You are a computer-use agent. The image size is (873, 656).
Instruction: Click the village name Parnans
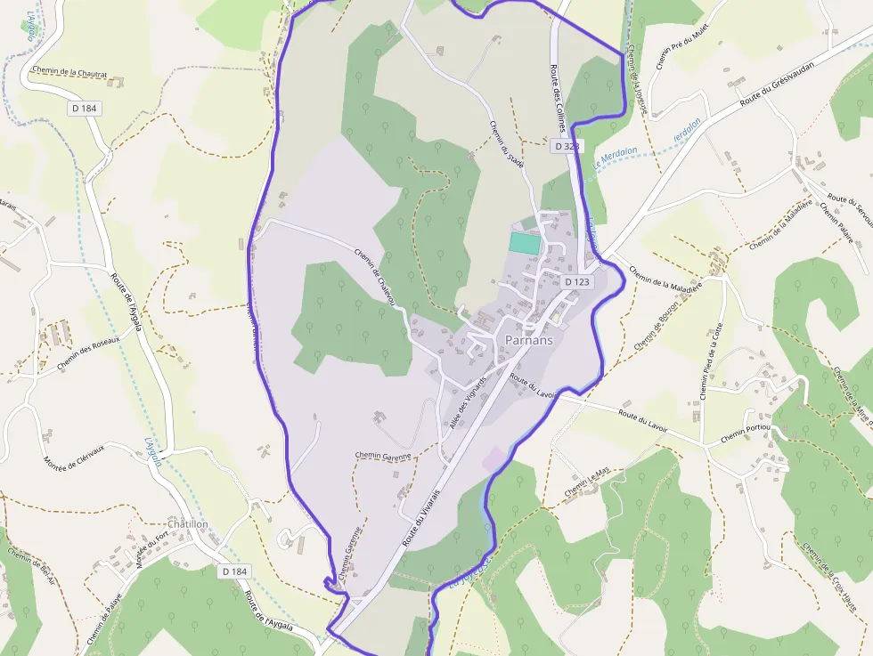(528, 340)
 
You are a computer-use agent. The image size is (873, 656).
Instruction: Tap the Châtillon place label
(188, 524)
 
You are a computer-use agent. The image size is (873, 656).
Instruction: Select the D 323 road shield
(567, 146)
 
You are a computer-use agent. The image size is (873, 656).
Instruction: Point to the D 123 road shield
(577, 282)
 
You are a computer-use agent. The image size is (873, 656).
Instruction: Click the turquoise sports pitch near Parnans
(525, 241)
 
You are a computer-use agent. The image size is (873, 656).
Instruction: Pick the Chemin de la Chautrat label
(69, 72)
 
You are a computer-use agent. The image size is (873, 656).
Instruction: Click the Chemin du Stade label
(507, 143)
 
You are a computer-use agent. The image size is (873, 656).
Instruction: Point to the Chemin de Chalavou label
(374, 277)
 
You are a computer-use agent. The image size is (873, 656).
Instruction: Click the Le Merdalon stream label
(615, 157)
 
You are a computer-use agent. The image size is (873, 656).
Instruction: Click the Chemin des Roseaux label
(88, 352)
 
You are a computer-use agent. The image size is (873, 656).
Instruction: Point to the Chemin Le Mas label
(588, 483)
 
